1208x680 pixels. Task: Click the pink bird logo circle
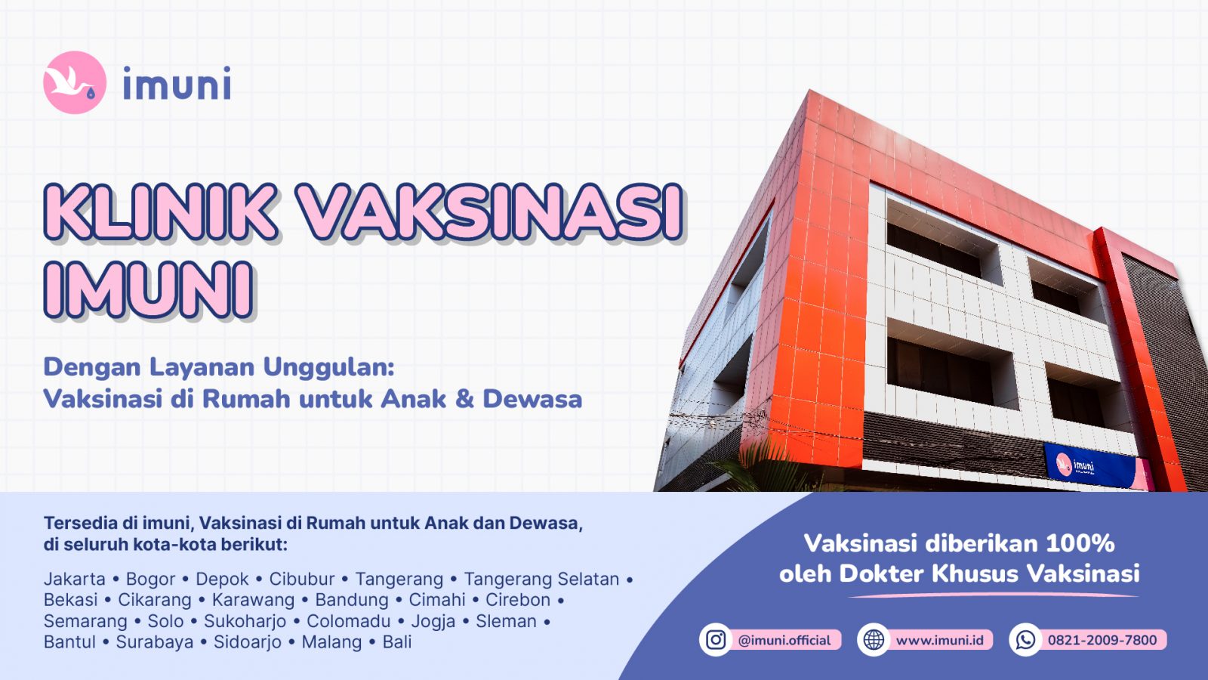(x=74, y=82)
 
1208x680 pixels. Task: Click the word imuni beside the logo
(x=177, y=84)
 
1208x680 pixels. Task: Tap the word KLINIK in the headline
(x=160, y=212)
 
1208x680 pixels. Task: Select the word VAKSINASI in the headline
(x=489, y=212)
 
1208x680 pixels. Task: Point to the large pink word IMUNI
(x=148, y=289)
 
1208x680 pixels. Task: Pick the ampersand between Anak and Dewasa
(x=464, y=399)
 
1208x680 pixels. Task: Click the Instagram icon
(x=716, y=640)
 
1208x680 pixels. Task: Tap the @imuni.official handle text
(x=784, y=640)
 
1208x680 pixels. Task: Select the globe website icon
(x=874, y=640)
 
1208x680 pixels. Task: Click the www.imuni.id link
(x=940, y=640)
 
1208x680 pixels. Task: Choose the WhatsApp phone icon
(x=1025, y=640)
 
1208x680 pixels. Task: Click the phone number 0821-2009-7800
(x=1102, y=640)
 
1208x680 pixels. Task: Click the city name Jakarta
(x=74, y=579)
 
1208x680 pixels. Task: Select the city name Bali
(x=397, y=642)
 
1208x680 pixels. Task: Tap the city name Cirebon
(x=518, y=600)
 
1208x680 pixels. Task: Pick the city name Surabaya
(x=154, y=642)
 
